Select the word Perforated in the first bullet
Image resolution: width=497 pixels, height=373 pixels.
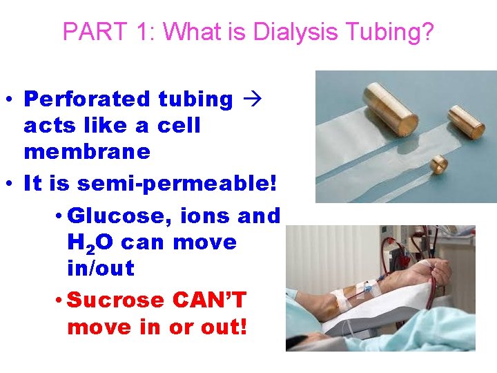(87, 99)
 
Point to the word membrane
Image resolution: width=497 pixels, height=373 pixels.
(87, 151)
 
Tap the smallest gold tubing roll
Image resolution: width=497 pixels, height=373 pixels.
(438, 164)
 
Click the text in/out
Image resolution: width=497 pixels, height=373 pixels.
(100, 268)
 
